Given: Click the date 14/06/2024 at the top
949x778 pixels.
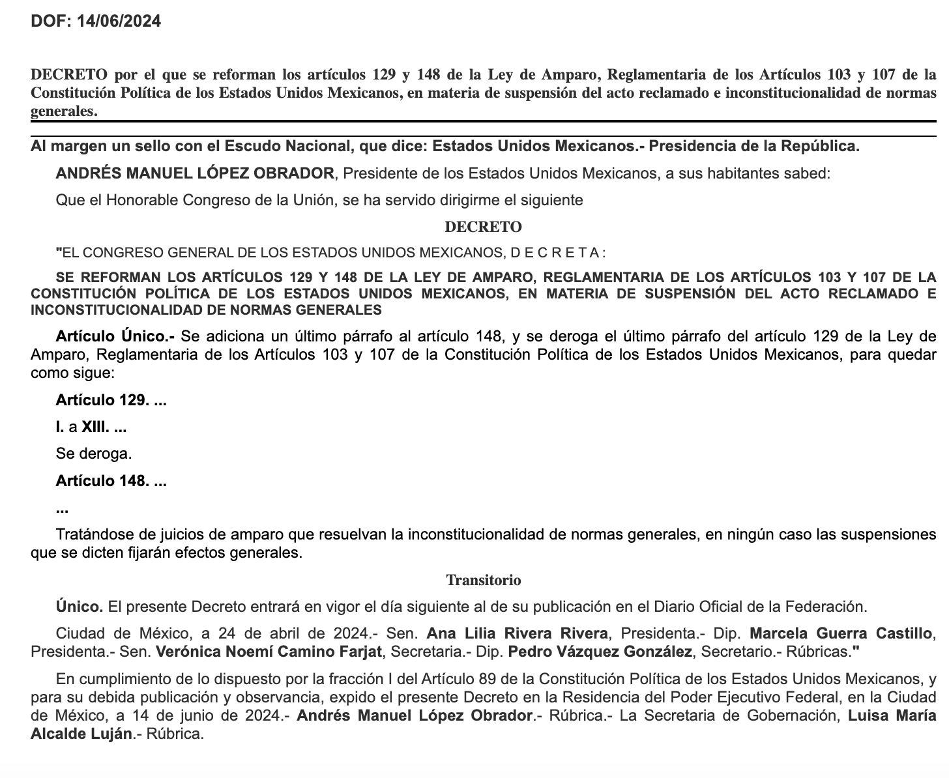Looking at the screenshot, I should pyautogui.click(x=119, y=22).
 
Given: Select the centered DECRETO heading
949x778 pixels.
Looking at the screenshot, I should pyautogui.click(x=483, y=227).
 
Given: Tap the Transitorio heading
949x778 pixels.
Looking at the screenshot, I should pyautogui.click(x=483, y=580).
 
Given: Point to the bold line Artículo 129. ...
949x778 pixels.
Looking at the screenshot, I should pyautogui.click(x=111, y=400).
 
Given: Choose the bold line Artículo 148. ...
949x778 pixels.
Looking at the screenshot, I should pyautogui.click(x=111, y=482).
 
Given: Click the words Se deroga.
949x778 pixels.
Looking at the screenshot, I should pyautogui.click(x=94, y=454).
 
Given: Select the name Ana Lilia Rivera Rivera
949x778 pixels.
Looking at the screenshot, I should pyautogui.click(x=517, y=633).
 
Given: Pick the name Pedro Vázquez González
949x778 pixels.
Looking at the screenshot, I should pyautogui.click(x=600, y=652).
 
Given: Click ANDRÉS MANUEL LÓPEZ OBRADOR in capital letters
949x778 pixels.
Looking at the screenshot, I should pyautogui.click(x=195, y=173).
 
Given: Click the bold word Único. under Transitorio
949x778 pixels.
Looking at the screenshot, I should pyautogui.click(x=80, y=607).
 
